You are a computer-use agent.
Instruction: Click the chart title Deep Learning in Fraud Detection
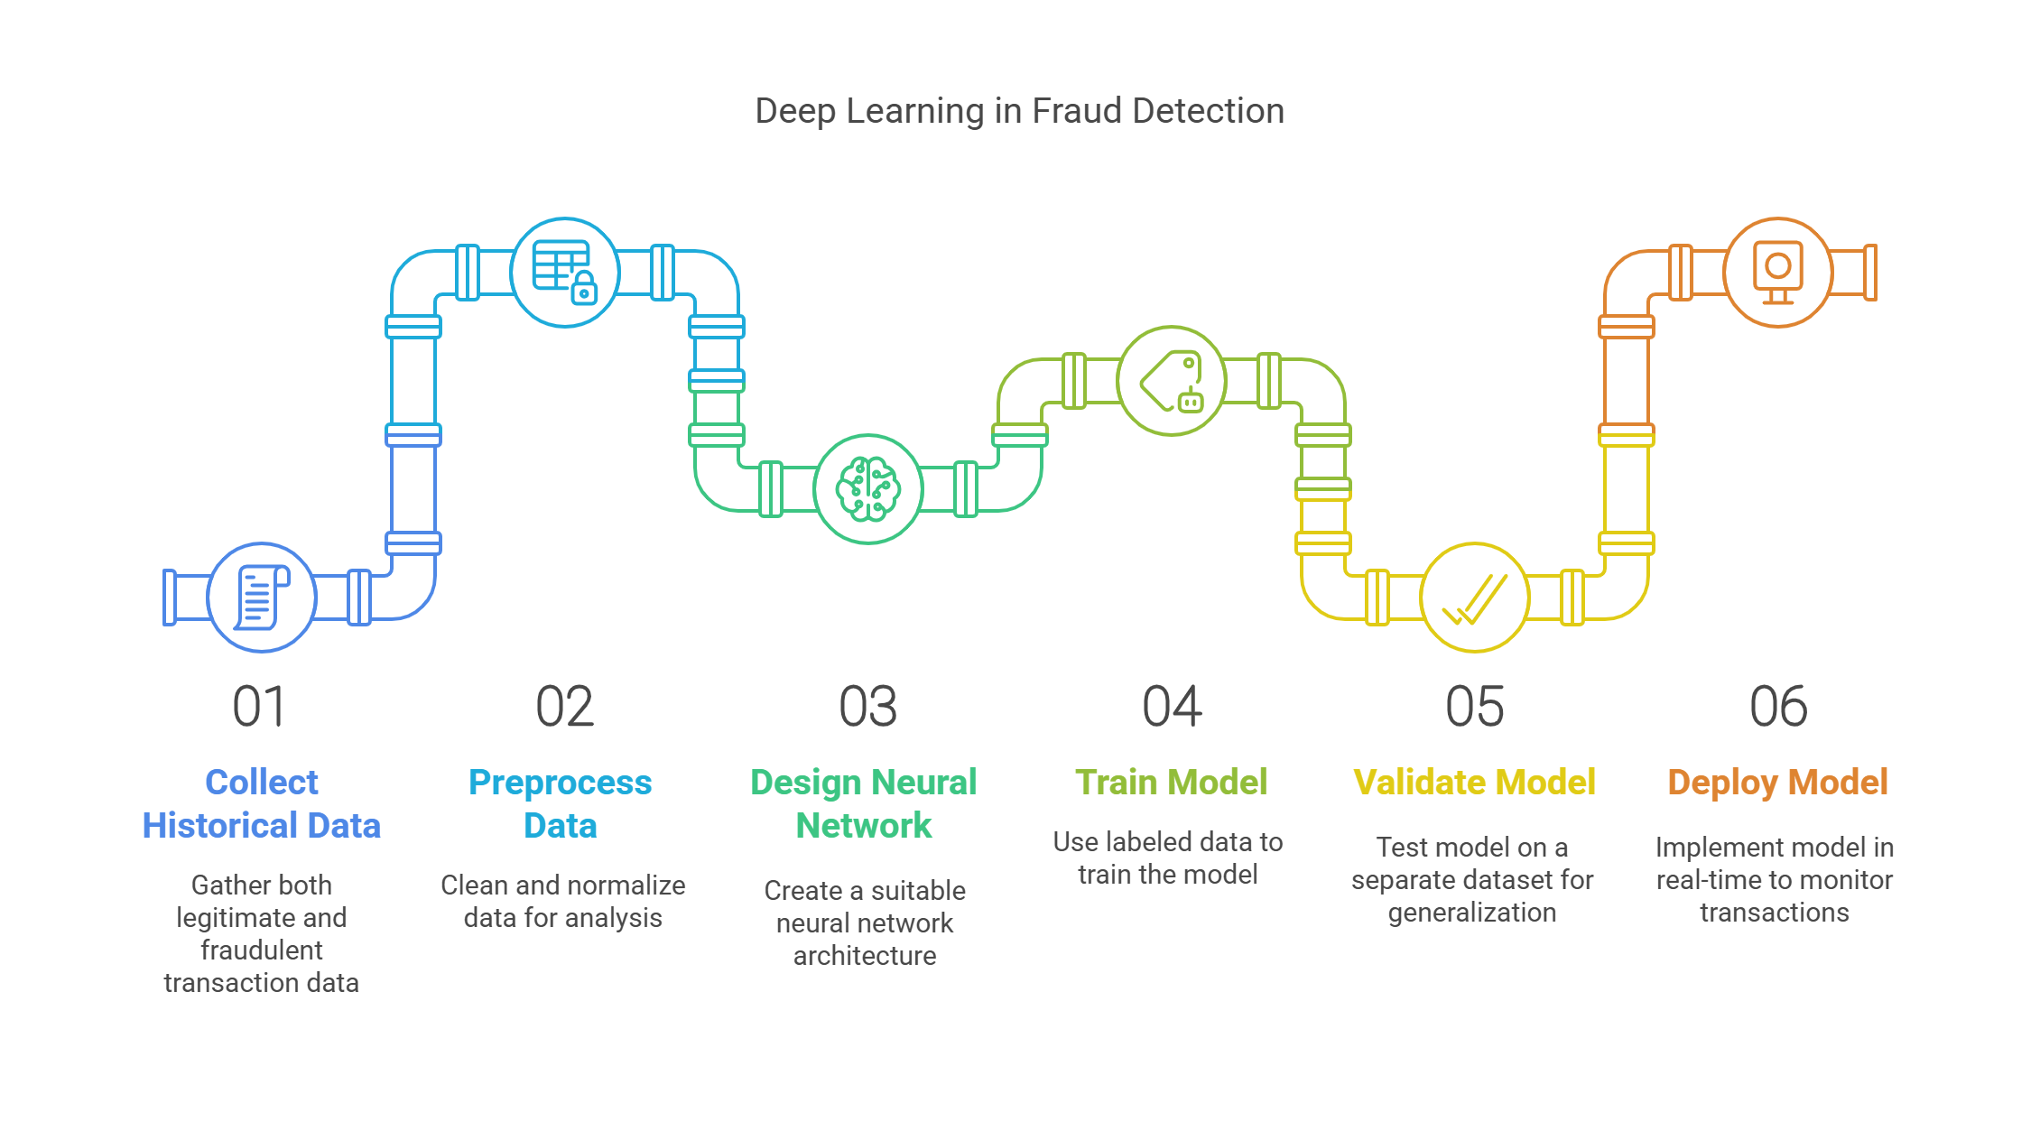coord(1019,111)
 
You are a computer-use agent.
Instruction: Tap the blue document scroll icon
coord(262,597)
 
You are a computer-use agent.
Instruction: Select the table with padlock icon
coord(565,272)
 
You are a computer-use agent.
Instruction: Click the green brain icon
coord(867,489)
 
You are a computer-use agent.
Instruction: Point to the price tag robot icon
coord(1172,381)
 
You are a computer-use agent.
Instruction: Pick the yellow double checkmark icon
coord(1474,598)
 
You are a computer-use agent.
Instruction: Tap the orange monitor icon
coord(1777,272)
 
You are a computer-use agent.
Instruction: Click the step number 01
coord(259,706)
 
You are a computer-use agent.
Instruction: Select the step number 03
coord(867,706)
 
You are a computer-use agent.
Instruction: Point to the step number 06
coord(1778,706)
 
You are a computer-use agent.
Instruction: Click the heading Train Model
coord(1171,782)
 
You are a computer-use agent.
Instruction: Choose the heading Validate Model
coord(1474,782)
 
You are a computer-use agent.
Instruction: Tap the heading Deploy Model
coord(1777,782)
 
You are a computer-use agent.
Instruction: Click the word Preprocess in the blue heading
coord(560,782)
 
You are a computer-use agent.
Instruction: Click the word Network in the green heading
coord(863,825)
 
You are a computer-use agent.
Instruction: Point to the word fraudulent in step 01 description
coord(261,950)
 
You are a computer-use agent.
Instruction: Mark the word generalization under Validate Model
coord(1471,913)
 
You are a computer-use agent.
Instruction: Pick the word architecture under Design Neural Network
coord(864,955)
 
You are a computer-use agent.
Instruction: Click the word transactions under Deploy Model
coord(1774,913)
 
